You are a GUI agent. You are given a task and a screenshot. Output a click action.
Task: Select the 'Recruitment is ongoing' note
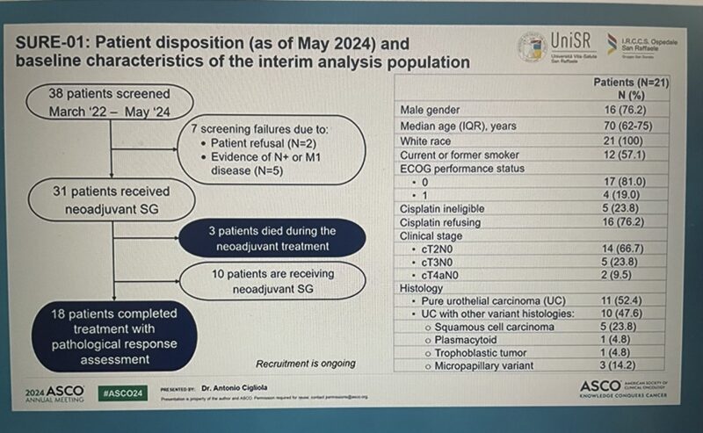[305, 364]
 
